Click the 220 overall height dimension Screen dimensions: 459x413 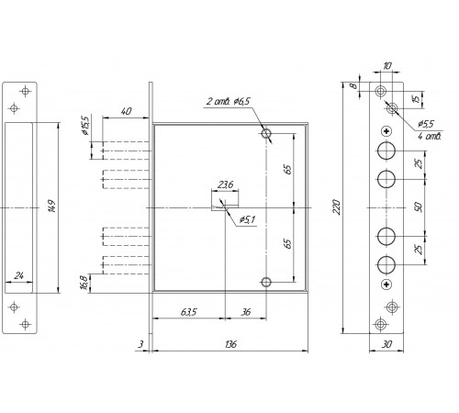tap(336, 206)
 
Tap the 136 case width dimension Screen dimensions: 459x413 tap(230, 344)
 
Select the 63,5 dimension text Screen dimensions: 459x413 tap(189, 312)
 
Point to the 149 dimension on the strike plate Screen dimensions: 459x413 tap(51, 206)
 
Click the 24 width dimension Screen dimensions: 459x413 tap(19, 276)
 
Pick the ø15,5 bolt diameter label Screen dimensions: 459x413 tap(84, 125)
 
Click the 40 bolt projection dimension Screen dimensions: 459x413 tap(126, 111)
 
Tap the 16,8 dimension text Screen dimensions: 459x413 tap(84, 282)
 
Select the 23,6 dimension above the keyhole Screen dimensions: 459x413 tap(225, 184)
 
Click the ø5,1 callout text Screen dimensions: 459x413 tap(247, 219)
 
